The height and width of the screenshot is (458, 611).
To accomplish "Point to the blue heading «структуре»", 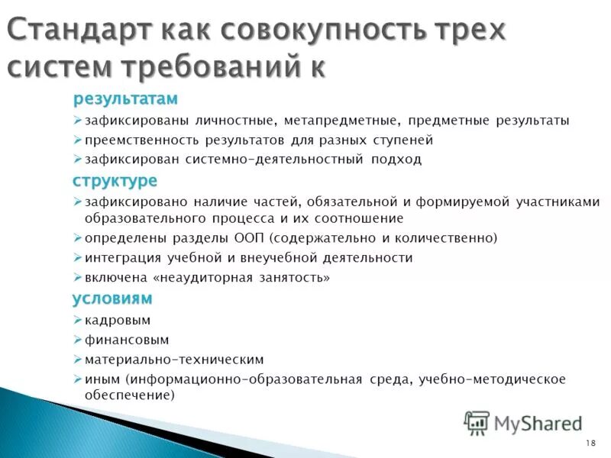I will [x=115, y=181].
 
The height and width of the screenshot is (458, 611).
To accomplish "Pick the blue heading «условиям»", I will [x=112, y=298].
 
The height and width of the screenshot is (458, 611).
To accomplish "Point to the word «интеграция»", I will [x=120, y=258].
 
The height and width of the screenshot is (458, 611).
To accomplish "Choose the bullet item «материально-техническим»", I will [x=174, y=359].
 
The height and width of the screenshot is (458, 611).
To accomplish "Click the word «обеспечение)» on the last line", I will [x=130, y=395].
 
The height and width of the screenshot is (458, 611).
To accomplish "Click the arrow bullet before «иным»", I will [x=77, y=379].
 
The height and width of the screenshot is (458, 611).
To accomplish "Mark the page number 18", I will [x=590, y=443].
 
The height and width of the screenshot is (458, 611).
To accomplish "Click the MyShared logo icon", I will [x=477, y=422].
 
